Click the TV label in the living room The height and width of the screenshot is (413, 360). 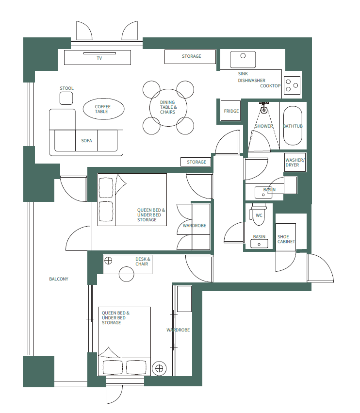tap(99, 58)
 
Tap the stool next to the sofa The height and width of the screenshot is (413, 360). tap(66, 98)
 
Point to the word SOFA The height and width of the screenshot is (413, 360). tap(86, 141)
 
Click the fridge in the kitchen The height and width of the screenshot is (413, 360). tap(231, 111)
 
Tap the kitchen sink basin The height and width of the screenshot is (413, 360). tap(243, 60)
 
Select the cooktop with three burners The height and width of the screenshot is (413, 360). tap(293, 85)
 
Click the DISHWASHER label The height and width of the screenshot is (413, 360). tap(251, 81)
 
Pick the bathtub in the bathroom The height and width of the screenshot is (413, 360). tap(293, 126)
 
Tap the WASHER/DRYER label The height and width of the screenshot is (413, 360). tap(295, 163)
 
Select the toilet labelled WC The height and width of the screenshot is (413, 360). tap(259, 215)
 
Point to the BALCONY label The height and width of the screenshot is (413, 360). tap(59, 279)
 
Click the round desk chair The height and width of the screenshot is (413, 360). tap(127, 274)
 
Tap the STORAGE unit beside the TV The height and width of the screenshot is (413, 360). tap(191, 56)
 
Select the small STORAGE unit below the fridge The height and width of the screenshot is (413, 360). tap(196, 162)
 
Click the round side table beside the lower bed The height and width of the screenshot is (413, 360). tap(159, 368)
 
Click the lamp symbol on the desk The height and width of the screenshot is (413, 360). tap(108, 260)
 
